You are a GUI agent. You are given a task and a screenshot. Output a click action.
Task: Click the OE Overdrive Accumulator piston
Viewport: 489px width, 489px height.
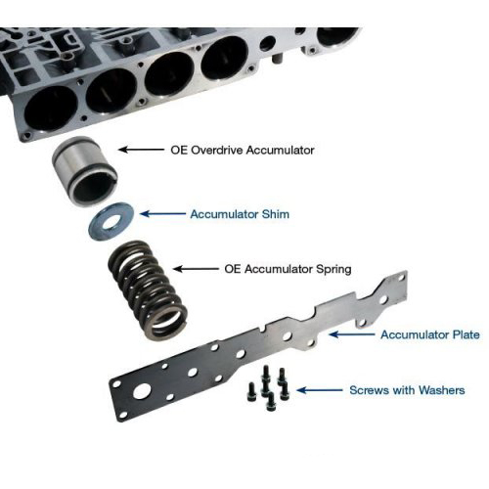click(x=84, y=171)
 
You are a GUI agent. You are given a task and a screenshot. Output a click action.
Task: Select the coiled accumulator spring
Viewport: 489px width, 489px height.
click(x=148, y=290)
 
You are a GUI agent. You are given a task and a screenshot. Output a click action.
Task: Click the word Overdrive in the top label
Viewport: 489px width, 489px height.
click(x=217, y=151)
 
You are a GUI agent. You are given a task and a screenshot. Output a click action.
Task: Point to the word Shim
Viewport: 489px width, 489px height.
click(x=276, y=214)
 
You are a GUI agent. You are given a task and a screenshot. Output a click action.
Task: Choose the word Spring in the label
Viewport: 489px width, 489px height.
click(x=333, y=270)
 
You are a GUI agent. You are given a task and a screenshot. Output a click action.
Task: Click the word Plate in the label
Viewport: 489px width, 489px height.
click(x=467, y=334)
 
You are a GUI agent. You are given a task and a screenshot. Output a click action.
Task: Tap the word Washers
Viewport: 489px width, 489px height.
click(x=442, y=390)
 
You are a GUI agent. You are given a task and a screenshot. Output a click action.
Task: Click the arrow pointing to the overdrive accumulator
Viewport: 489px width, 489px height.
click(x=141, y=150)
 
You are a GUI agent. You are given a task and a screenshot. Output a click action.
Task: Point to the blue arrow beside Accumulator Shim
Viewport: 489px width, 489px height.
click(x=162, y=214)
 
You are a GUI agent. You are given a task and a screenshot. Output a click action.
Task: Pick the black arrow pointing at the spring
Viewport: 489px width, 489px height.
click(x=196, y=269)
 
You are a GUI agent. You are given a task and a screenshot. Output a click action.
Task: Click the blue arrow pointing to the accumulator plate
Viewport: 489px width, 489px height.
click(x=352, y=334)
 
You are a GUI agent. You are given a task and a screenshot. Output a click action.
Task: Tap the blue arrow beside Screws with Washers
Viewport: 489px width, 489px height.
click(x=320, y=390)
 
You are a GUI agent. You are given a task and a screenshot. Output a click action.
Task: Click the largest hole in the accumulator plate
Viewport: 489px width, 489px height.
click(x=142, y=391)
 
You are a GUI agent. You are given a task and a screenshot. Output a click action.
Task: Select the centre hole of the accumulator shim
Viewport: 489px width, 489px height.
click(x=111, y=222)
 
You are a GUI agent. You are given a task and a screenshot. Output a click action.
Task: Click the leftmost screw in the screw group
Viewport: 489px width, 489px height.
click(x=251, y=392)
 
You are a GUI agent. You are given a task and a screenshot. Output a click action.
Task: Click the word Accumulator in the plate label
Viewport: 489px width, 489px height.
click(x=414, y=334)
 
